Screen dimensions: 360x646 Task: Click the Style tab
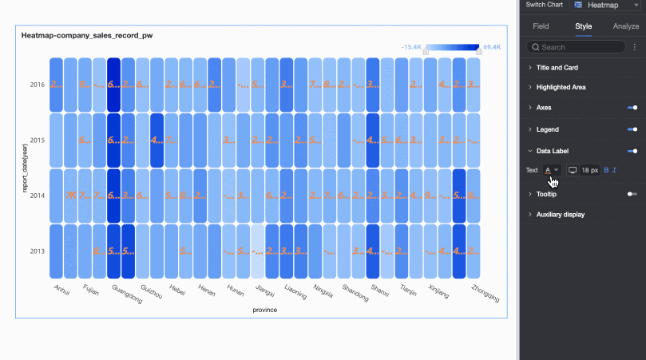coord(584,26)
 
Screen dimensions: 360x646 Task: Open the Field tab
coord(541,26)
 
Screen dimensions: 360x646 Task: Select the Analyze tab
coord(626,26)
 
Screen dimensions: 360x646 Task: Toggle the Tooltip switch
coord(632,194)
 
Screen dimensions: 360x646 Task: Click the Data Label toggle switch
coord(632,150)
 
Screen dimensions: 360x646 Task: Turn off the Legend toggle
coord(632,129)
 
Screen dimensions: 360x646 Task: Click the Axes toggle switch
coord(632,107)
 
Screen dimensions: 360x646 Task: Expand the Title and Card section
coord(557,68)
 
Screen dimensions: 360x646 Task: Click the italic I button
coord(615,170)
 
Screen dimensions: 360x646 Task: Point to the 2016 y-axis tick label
coord(38,85)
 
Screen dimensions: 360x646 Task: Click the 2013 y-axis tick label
coord(38,251)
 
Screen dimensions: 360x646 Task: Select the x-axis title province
coord(264,310)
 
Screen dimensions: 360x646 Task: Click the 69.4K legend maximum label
coord(492,47)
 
